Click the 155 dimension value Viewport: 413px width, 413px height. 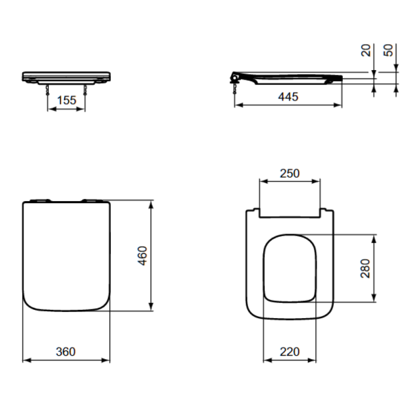(x=66, y=100)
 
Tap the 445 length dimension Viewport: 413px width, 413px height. (x=288, y=97)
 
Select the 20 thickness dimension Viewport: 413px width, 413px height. (x=366, y=50)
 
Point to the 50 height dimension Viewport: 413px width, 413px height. (x=389, y=50)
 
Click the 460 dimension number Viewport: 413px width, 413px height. (x=142, y=255)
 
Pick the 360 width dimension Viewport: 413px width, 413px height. (x=65, y=351)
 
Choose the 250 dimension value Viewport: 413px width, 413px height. (x=289, y=173)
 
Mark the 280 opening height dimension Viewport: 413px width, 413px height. (x=366, y=268)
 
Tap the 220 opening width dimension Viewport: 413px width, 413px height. (x=289, y=351)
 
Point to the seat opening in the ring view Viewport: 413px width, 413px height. (x=289, y=268)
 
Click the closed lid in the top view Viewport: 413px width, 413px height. (x=66, y=255)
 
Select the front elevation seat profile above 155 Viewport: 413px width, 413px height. (x=66, y=75)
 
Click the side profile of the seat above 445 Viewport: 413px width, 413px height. (x=289, y=77)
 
